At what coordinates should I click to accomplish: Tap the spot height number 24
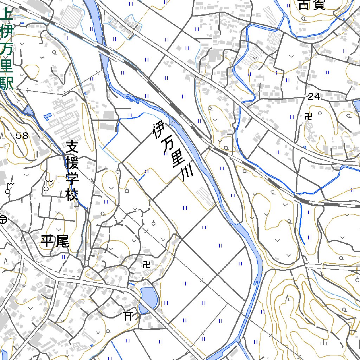point(314,98)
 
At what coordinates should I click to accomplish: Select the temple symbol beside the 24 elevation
point(309,116)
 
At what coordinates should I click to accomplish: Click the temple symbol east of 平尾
point(147,264)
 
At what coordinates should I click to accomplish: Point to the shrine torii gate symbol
point(128,316)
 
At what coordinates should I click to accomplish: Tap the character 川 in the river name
point(185,174)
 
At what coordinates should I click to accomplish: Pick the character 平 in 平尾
point(47,242)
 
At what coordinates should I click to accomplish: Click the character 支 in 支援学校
point(72,146)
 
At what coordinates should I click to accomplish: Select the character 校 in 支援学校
point(72,194)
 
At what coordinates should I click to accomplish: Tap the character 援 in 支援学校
point(72,162)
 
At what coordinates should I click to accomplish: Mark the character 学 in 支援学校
point(72,178)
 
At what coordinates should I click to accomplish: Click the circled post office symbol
point(3,220)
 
